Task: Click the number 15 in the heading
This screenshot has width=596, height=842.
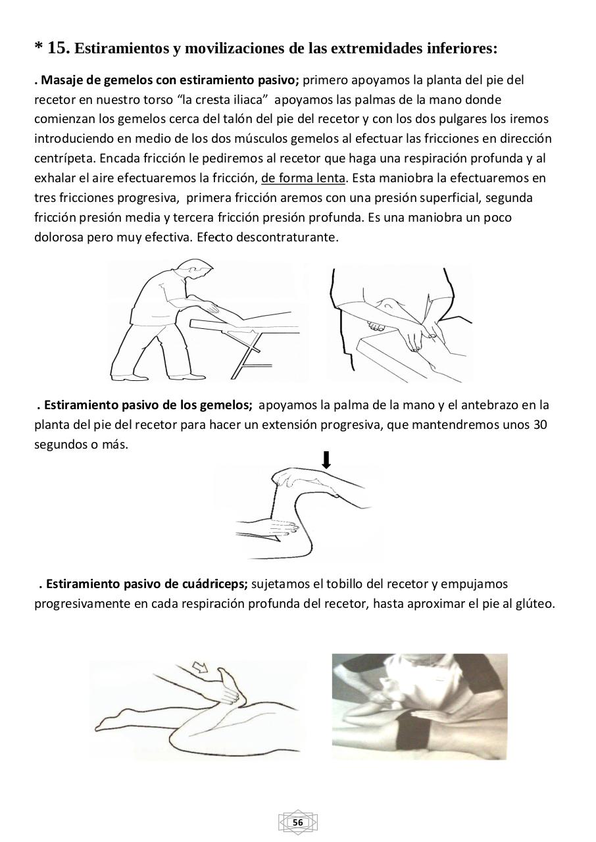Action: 58,48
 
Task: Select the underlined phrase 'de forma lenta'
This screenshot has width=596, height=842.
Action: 303,178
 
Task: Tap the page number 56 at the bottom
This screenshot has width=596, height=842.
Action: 297,823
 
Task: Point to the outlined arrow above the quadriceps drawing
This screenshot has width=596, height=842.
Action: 199,669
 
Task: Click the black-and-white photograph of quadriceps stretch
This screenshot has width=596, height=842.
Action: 419,706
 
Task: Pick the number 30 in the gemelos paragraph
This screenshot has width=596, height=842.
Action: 540,425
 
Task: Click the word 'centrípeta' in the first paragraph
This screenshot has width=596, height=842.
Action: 64,159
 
